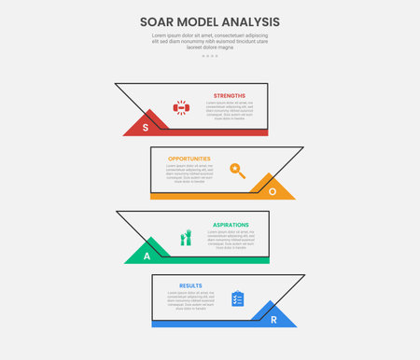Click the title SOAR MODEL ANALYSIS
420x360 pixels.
(x=210, y=21)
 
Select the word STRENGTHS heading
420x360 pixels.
(x=230, y=95)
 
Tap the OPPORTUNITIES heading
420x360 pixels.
(x=189, y=159)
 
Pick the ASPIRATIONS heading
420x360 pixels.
(x=230, y=225)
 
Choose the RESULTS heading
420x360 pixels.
(x=190, y=285)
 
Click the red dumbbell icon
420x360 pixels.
(x=181, y=108)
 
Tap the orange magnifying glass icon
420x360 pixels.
(x=238, y=171)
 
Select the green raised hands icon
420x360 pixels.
(x=185, y=238)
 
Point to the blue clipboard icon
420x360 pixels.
(x=237, y=298)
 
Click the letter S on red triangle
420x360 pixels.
(x=146, y=125)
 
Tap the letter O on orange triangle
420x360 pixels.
(x=273, y=190)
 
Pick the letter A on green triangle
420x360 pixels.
(x=147, y=255)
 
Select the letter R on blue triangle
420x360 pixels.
(x=273, y=319)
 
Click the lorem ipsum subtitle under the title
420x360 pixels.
(x=210, y=41)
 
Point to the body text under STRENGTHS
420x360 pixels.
(x=230, y=110)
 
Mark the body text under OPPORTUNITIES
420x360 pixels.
(x=189, y=173)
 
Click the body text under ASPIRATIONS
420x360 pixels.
(x=230, y=240)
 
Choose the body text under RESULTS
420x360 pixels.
(x=190, y=299)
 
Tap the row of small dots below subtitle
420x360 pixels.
(x=210, y=56)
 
